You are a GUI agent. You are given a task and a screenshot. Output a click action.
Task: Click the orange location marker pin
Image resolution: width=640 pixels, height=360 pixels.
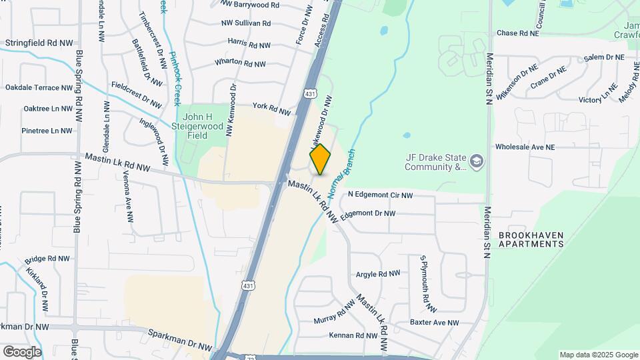coord(321,159)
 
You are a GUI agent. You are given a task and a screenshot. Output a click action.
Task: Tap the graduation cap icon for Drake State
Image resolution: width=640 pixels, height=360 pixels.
coord(477,161)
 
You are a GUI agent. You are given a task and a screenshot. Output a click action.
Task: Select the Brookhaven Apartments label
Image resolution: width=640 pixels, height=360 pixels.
coord(531,240)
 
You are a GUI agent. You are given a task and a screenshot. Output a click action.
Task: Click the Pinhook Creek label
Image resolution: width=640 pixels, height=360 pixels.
coord(174,79)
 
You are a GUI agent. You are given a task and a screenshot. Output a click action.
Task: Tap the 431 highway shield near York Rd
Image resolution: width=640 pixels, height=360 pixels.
coord(311,95)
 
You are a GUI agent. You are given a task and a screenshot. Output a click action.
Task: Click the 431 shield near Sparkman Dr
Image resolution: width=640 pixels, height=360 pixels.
coord(248,286)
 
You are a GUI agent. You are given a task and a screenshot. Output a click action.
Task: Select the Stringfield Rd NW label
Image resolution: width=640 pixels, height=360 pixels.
coord(39,43)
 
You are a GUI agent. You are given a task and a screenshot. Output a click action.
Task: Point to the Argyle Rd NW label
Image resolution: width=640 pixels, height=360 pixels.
coord(378,274)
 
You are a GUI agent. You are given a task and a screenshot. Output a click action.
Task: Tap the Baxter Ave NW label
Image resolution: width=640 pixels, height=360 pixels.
coord(435,323)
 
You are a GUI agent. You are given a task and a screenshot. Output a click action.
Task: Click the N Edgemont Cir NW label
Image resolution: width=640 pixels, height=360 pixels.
coord(381,195)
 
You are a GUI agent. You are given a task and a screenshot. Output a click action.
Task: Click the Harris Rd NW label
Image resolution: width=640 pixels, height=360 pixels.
coord(249,43)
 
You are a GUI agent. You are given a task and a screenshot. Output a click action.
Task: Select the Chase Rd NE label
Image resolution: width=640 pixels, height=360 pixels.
coord(517,33)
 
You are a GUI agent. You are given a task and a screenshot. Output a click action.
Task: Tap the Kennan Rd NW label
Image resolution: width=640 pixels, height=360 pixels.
coord(357,335)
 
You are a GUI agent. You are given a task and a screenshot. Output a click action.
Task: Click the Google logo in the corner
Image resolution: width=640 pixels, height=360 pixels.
coord(22,351)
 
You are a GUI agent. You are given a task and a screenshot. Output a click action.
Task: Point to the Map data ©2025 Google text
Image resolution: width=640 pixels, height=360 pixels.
coord(599,355)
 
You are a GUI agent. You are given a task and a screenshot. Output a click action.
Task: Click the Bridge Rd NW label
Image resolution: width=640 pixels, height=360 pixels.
coord(47,259)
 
